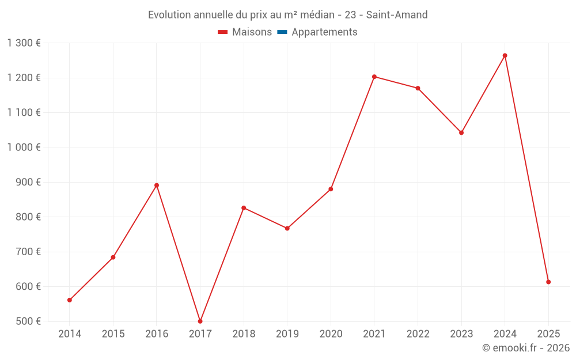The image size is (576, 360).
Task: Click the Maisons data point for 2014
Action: pos(70,300)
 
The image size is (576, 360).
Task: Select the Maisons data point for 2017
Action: pos(200,321)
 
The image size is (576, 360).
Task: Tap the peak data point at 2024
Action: pos(505,56)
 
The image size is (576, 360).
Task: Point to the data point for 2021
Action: pos(374,77)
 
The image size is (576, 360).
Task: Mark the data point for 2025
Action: pos(548,282)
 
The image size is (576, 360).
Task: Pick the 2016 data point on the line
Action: pos(157,185)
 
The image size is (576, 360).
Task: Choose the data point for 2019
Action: pos(287,229)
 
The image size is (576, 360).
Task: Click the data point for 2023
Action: pos(461,132)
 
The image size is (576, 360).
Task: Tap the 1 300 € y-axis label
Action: pos(24,43)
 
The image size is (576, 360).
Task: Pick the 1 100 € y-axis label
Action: pos(24,113)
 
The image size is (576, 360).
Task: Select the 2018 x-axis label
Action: pos(244,334)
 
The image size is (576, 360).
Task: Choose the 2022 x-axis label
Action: pos(418,334)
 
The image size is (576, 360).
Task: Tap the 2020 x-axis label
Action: pos(331,334)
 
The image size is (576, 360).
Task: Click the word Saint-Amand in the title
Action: pos(397,15)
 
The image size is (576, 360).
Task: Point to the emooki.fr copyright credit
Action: pos(526,348)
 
